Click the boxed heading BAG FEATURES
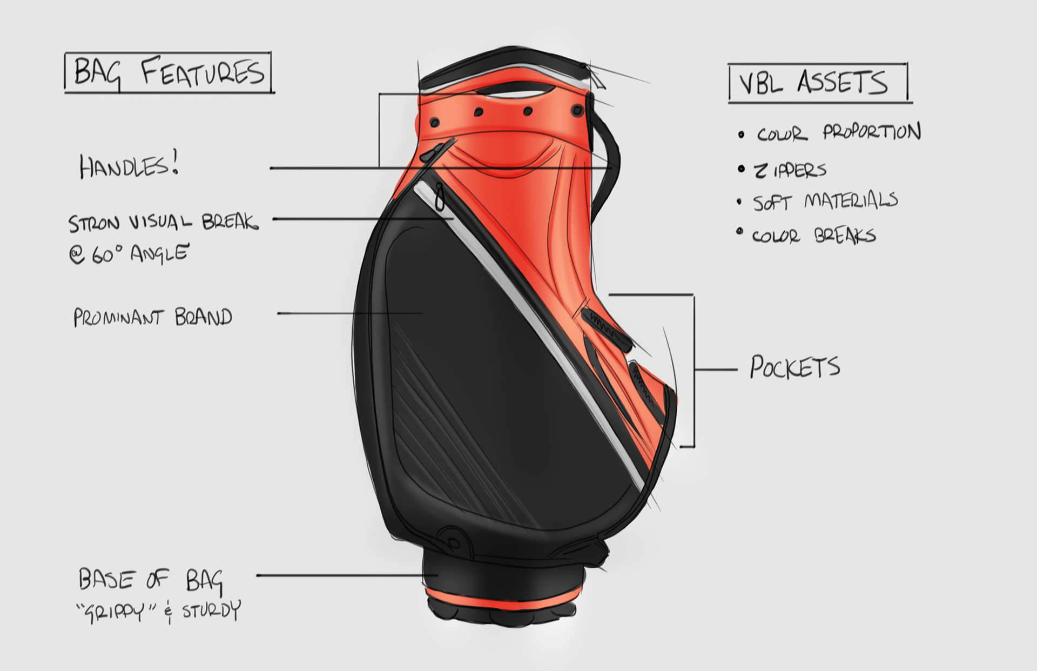[x=169, y=73]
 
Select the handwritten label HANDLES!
[x=129, y=166]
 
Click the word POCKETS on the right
[x=794, y=367]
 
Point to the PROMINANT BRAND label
[x=153, y=317]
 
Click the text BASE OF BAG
[x=150, y=580]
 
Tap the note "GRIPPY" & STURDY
[x=158, y=611]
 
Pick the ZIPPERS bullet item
[x=790, y=171]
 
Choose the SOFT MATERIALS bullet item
[x=825, y=202]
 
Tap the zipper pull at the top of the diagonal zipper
[x=440, y=197]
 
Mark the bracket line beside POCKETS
[x=693, y=371]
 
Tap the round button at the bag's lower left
[x=453, y=541]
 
